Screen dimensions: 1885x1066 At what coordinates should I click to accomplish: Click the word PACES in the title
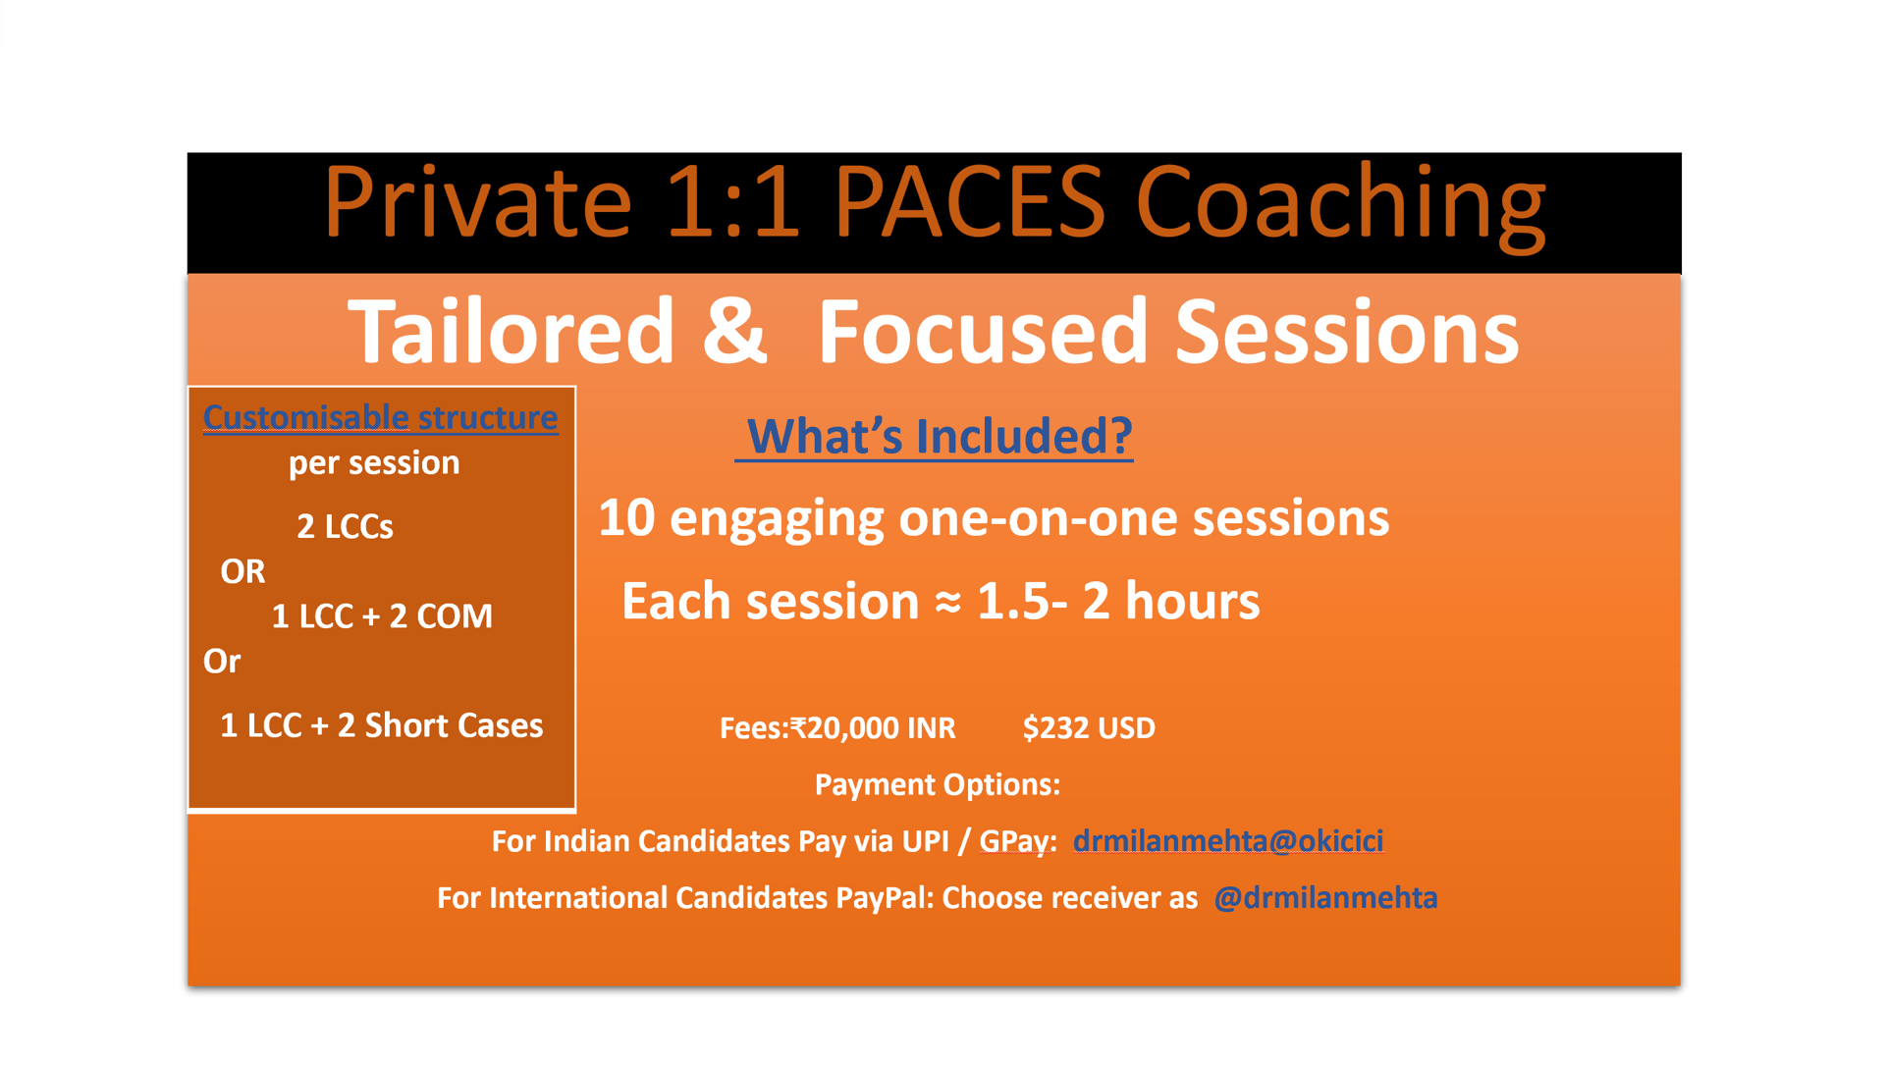point(970,202)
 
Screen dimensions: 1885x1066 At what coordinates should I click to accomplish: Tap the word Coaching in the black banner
point(1341,206)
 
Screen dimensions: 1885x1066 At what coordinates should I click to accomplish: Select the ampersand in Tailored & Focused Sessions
point(735,330)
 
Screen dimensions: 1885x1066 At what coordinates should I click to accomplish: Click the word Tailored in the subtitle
point(512,331)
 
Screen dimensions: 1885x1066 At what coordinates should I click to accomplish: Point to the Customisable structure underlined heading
point(381,418)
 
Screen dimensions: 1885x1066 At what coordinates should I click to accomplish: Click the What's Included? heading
point(940,436)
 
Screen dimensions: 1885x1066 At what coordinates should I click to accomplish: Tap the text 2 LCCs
point(345,527)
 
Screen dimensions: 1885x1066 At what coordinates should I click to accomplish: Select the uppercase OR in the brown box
point(242,571)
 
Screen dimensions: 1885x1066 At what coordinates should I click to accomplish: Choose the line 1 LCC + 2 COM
point(382,616)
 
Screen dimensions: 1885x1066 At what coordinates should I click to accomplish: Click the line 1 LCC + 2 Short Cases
point(381,725)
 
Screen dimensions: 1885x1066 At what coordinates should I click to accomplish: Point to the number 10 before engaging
point(626,517)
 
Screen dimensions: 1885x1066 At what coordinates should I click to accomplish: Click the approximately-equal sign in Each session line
point(947,602)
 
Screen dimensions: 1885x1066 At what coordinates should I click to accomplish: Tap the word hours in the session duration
point(1192,601)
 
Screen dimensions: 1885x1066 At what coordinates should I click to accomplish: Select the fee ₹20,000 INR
point(873,728)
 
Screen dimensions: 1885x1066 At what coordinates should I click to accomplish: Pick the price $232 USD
point(1089,728)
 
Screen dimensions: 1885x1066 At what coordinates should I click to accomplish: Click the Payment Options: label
point(938,784)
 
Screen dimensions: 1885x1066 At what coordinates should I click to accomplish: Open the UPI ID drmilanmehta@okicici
point(1228,841)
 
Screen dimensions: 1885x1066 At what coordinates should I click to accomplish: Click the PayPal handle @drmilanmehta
point(1325,898)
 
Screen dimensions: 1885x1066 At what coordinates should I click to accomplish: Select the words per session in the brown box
point(374,463)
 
